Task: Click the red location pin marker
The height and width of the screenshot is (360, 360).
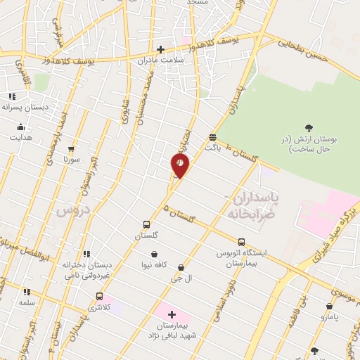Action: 180,166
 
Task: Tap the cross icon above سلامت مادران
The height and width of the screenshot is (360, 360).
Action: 161,49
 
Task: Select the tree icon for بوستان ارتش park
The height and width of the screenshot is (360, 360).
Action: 309,127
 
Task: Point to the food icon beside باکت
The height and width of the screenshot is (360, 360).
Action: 212,136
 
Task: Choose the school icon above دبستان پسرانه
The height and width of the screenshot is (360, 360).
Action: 12,96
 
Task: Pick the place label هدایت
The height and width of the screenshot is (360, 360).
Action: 20,138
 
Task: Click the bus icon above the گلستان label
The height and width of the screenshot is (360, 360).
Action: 146,225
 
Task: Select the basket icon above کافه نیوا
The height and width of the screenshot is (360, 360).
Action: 154,254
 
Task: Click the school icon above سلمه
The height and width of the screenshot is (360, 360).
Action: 27,291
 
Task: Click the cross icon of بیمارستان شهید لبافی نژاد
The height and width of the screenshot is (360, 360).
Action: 172,314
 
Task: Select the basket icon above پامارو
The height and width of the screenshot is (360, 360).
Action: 330,306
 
